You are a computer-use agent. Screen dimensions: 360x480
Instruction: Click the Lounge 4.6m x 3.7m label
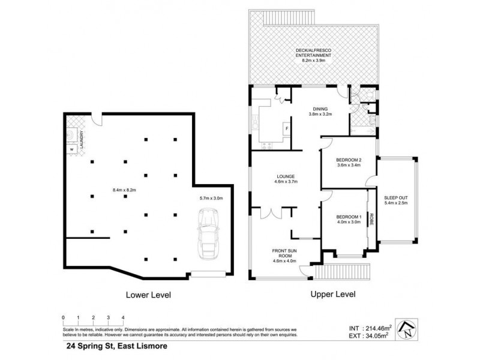(x=286, y=178)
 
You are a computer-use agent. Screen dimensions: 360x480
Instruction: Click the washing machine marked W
(x=71, y=148)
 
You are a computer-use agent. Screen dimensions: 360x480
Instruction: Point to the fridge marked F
(x=287, y=128)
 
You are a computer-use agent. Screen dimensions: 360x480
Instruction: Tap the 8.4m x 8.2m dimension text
(x=125, y=190)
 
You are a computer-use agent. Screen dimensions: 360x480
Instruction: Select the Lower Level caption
(x=148, y=295)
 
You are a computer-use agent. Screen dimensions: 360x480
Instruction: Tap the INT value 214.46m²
(x=370, y=328)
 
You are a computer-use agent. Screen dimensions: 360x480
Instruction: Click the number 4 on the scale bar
(x=123, y=317)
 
